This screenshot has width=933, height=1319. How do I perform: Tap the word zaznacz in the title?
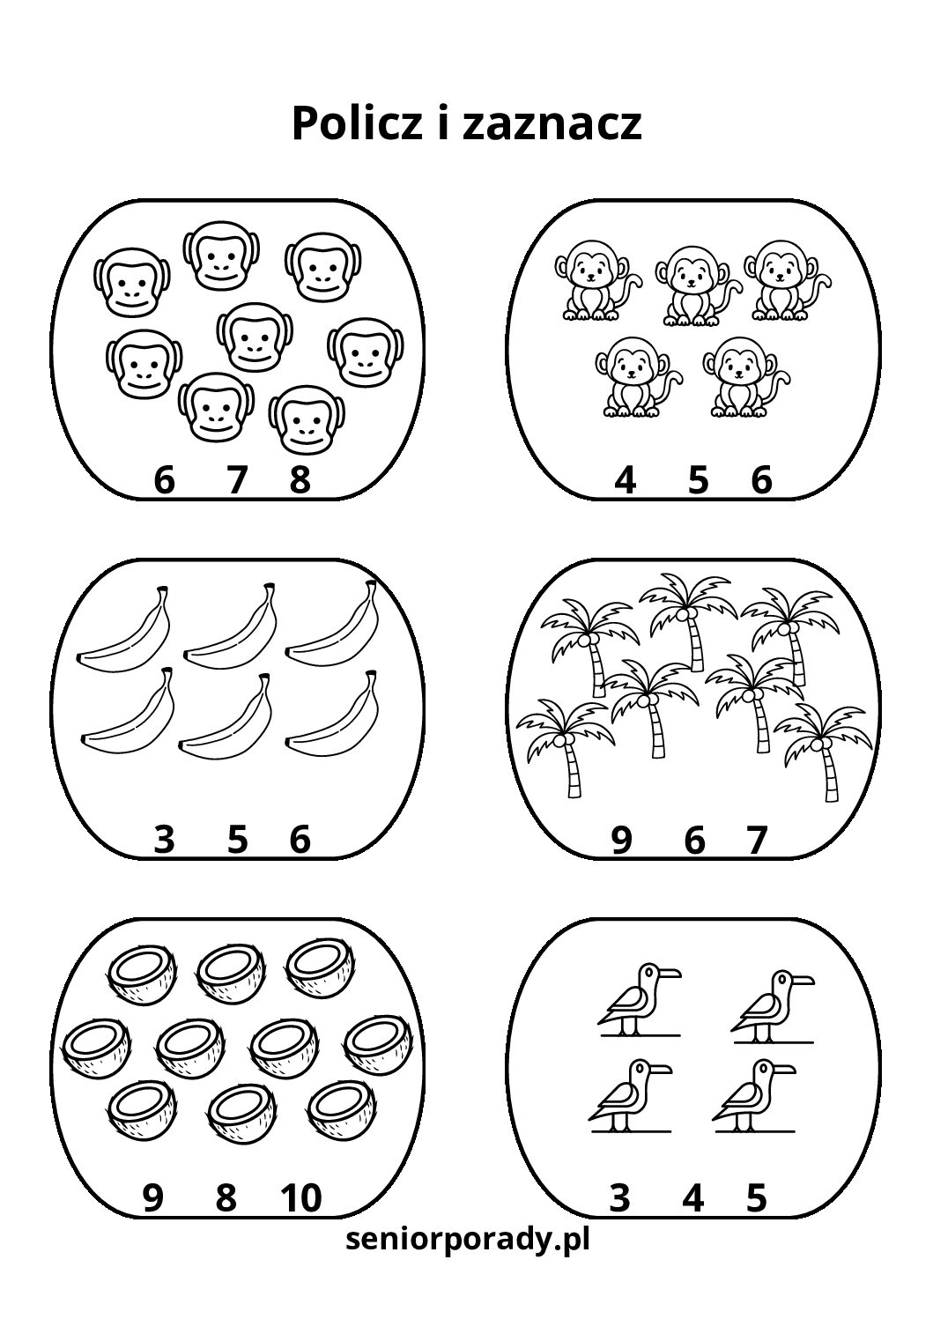(552, 125)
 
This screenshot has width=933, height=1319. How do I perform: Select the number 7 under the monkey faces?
(237, 480)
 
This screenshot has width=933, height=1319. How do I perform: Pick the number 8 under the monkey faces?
(300, 480)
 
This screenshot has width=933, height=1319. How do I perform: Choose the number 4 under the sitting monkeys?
(626, 480)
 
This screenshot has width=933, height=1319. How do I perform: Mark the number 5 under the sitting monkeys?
(698, 480)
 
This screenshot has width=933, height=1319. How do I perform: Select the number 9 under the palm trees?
(622, 841)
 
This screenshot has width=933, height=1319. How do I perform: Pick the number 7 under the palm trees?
(757, 841)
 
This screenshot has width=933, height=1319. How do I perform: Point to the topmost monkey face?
(221, 256)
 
